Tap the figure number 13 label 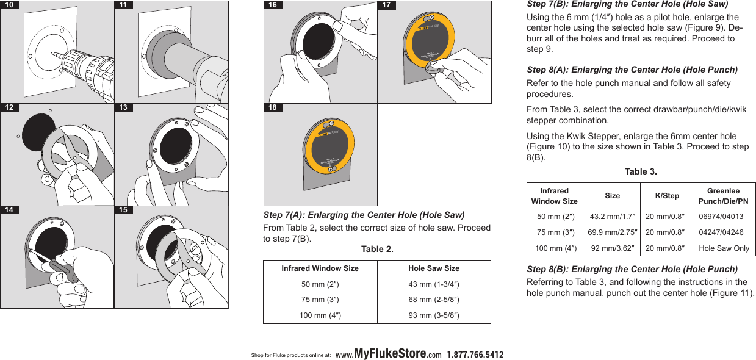[124, 107]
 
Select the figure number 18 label [273, 107]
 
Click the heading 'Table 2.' [377, 249]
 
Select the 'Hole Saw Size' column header [433, 268]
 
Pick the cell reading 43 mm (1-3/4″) [433, 284]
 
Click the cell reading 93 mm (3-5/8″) [433, 315]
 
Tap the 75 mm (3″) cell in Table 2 [320, 300]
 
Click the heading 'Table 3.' [641, 171]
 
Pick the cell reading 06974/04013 [721, 217]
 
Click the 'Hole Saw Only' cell [724, 248]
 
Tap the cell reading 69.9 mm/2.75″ [612, 232]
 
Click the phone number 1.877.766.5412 [475, 355]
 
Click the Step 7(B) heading [627, 4]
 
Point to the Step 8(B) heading [632, 269]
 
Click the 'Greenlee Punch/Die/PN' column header [723, 196]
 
